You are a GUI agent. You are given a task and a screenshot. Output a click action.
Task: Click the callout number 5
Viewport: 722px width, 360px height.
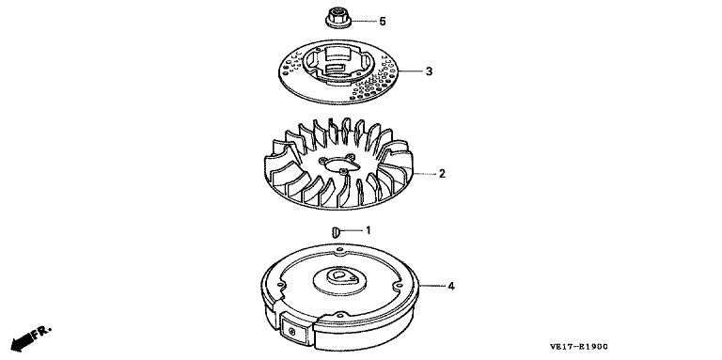[x=383, y=22]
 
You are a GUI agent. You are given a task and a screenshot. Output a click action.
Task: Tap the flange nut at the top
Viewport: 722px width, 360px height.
[x=338, y=18]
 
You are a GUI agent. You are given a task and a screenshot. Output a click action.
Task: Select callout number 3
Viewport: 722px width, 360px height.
[x=429, y=71]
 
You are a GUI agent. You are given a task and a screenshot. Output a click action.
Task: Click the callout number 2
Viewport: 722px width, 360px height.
[x=442, y=174]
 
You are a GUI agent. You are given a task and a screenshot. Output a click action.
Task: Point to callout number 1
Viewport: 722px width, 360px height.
[x=369, y=230]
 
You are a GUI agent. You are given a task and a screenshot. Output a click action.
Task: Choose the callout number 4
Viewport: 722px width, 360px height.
[x=451, y=287]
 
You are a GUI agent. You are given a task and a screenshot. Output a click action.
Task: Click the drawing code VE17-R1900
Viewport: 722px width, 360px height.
[x=578, y=347]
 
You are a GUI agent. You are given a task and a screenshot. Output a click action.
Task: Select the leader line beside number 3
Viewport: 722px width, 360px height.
[x=410, y=71]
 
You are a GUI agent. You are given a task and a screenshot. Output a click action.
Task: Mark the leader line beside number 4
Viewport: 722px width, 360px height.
[x=431, y=287]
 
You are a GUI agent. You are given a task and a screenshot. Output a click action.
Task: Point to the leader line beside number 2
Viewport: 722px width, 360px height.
[x=424, y=174]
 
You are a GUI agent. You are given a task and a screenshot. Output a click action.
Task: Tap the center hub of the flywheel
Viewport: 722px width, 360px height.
[x=339, y=278]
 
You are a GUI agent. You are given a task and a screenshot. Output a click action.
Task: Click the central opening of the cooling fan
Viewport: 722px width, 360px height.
[x=338, y=164]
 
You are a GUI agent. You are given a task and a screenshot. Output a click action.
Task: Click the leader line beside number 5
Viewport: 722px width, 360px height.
[x=364, y=22]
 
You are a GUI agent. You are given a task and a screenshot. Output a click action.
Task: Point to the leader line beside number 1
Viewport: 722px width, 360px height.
[x=352, y=230]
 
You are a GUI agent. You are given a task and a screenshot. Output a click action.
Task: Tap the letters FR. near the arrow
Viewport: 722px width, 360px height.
[x=41, y=333]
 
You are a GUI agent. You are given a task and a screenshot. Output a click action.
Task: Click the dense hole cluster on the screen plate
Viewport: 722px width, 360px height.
[x=372, y=86]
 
